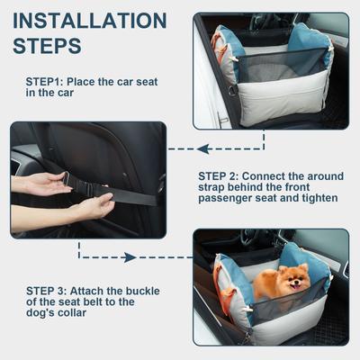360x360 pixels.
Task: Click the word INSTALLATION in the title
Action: point(89,20)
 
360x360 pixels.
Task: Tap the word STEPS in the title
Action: point(49,44)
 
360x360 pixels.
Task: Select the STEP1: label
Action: point(51,80)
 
